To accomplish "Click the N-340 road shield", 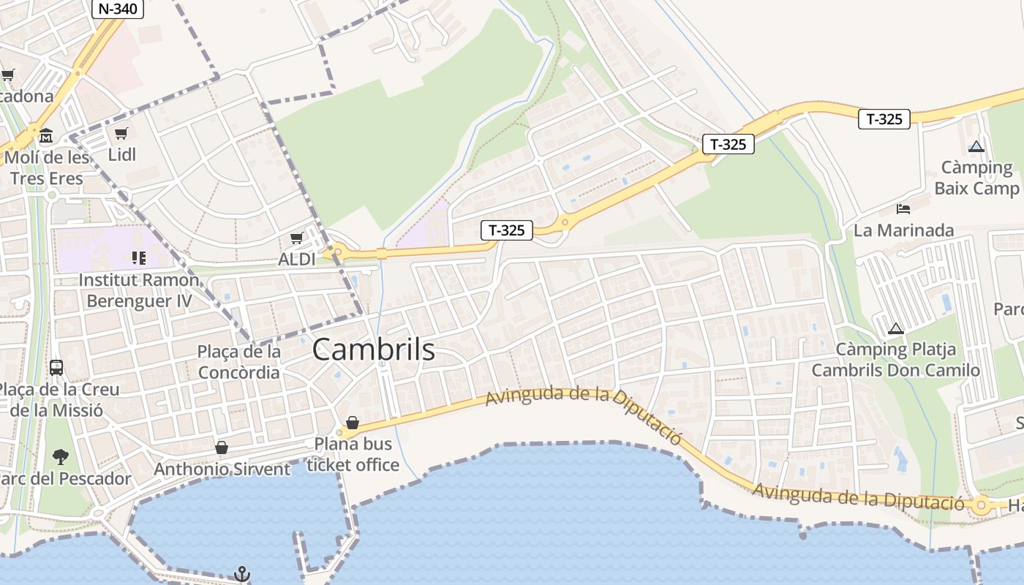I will tap(117, 9).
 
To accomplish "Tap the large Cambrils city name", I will tap(373, 350).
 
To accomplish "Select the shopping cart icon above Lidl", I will tap(121, 133).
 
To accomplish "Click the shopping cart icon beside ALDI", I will tap(297, 238).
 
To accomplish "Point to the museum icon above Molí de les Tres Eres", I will tap(46, 135).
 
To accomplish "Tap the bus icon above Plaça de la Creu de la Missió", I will tap(56, 367).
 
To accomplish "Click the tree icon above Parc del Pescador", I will tap(61, 457).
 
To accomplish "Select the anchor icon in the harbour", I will tap(241, 574).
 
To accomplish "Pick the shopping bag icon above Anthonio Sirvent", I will tap(222, 447).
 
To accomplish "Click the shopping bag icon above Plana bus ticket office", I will tap(353, 422).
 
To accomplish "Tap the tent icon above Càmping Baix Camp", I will tap(976, 146).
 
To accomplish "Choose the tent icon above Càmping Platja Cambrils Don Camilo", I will tap(895, 328).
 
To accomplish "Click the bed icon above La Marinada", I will tap(903, 208).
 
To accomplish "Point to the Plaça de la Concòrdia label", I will tap(239, 362).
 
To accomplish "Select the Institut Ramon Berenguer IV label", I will tap(139, 290).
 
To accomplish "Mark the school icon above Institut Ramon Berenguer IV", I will tap(139, 257).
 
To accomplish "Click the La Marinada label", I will tap(904, 230).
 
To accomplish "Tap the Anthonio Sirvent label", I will tap(222, 469).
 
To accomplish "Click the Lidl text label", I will tap(122, 155).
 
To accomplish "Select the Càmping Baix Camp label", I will tap(976, 178).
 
